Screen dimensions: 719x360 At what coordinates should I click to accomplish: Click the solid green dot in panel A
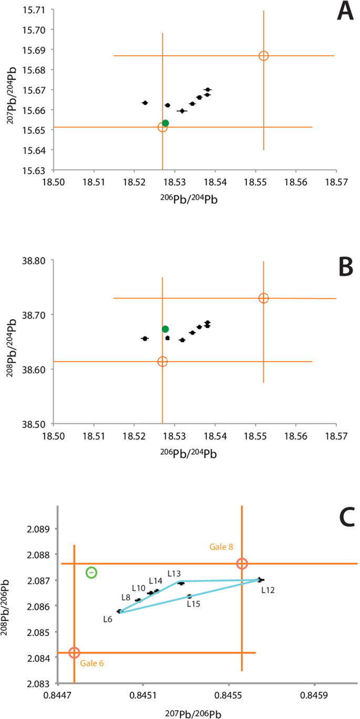click(x=166, y=123)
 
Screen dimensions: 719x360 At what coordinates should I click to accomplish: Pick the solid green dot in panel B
click(x=166, y=329)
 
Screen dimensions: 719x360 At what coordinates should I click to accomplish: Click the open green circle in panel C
click(x=91, y=572)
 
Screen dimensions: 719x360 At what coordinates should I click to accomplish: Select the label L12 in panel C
click(x=269, y=590)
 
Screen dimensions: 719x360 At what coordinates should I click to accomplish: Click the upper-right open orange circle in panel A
click(x=264, y=56)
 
